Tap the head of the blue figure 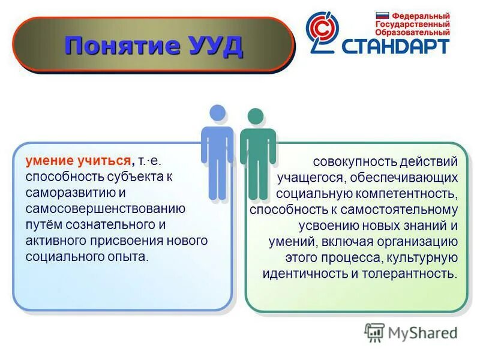[217, 112]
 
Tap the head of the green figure [256, 116]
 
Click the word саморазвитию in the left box [67, 193]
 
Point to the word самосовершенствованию [105, 208]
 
